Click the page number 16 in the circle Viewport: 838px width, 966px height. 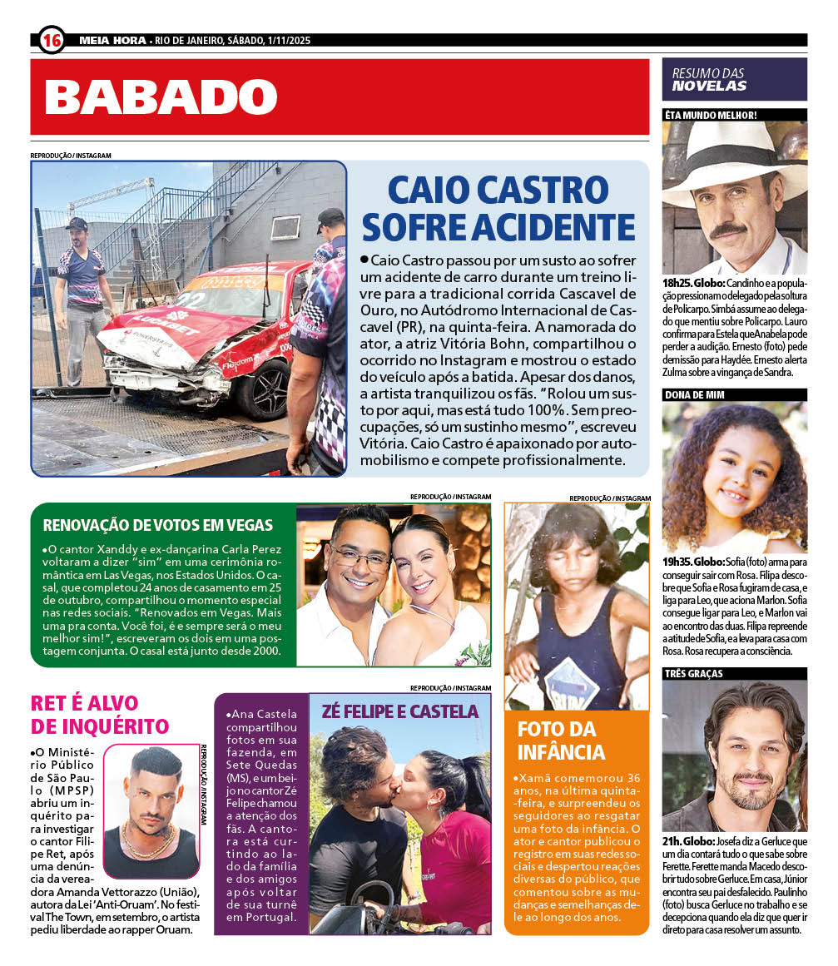pyautogui.click(x=52, y=39)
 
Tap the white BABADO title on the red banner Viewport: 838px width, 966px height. pyautogui.click(x=161, y=97)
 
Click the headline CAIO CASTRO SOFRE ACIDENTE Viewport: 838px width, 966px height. pyautogui.click(x=499, y=209)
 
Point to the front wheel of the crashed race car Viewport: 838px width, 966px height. pyautogui.click(x=261, y=390)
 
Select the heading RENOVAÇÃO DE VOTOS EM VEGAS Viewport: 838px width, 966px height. pyautogui.click(x=158, y=525)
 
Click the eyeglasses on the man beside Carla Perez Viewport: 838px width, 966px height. pyautogui.click(x=359, y=556)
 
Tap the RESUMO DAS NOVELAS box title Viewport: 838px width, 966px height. pyautogui.click(x=709, y=79)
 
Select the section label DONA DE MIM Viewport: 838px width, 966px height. pyautogui.click(x=693, y=394)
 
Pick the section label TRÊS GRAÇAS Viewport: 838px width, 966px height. pyautogui.click(x=693, y=673)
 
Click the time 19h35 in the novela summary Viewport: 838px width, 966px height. pyautogui.click(x=677, y=562)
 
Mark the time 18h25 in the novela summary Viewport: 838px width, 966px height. pyautogui.click(x=677, y=283)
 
